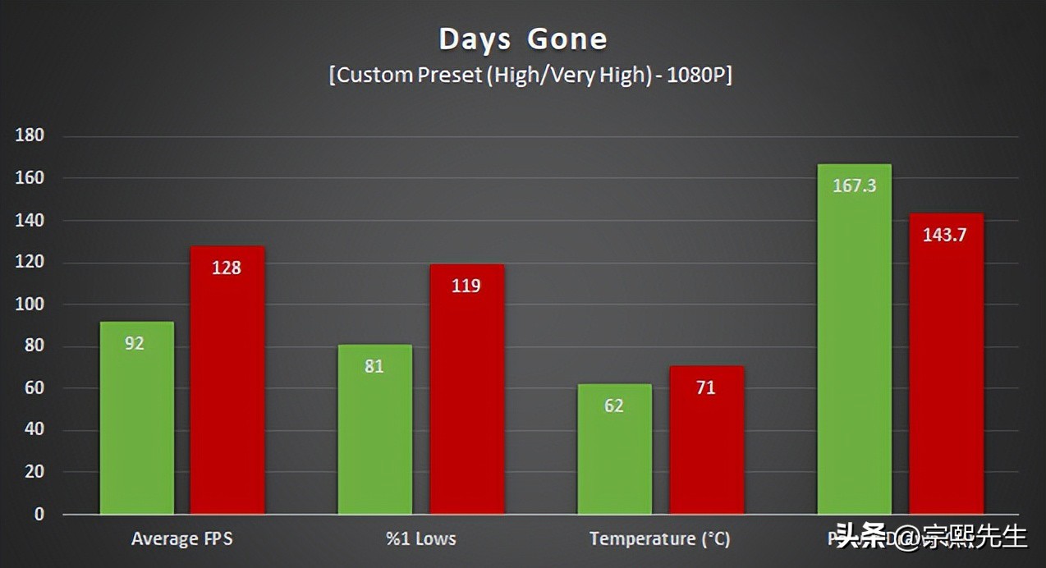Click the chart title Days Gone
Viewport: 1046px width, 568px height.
tap(522, 39)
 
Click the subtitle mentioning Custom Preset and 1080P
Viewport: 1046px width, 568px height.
tap(530, 76)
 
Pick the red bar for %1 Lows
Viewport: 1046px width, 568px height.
tap(466, 389)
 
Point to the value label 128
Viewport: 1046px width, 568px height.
tap(227, 268)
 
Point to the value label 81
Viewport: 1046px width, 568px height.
tap(374, 366)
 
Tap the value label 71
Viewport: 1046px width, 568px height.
tap(706, 387)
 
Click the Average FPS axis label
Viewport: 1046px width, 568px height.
tap(182, 539)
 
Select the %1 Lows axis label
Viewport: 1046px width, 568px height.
tap(421, 539)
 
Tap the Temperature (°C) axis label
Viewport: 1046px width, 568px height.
tap(659, 539)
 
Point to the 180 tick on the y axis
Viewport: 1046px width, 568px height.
tap(30, 136)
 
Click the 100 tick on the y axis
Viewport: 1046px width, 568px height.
tap(30, 305)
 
